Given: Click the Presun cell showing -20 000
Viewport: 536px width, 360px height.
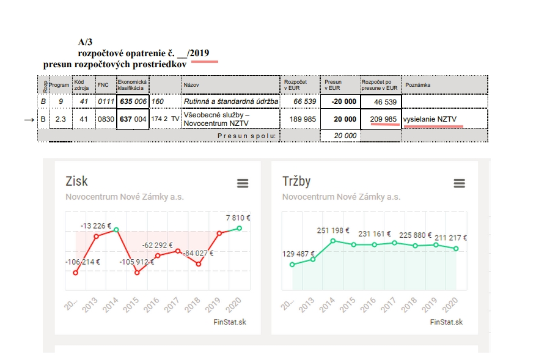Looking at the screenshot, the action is [x=340, y=101].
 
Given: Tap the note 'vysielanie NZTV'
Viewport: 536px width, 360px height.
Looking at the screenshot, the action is [x=430, y=119].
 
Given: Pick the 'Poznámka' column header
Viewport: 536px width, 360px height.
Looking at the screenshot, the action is [x=417, y=85].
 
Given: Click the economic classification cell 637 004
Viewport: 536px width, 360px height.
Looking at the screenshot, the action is [x=133, y=119].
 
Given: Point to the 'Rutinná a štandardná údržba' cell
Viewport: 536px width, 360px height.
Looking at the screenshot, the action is [x=231, y=101].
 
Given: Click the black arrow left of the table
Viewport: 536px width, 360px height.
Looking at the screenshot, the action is [x=29, y=120].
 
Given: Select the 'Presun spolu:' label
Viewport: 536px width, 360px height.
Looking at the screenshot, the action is [x=246, y=136].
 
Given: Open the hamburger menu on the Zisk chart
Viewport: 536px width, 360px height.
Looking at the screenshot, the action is [x=243, y=183].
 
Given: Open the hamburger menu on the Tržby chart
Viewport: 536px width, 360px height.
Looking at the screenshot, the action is [x=459, y=183].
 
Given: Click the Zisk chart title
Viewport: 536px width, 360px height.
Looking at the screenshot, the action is [x=76, y=181].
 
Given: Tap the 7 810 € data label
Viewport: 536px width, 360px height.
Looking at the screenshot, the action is [x=238, y=218].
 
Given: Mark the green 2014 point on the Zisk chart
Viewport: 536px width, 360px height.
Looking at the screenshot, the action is [x=116, y=230].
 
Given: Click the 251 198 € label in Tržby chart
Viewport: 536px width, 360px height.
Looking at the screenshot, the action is [x=333, y=230].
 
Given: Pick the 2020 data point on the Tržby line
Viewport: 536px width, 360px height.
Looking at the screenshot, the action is [x=456, y=249].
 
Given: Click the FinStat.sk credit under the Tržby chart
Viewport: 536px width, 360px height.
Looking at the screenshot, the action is [x=446, y=322].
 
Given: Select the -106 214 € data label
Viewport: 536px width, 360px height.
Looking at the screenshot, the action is [x=83, y=262].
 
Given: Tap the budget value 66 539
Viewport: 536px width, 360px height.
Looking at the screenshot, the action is [x=304, y=101].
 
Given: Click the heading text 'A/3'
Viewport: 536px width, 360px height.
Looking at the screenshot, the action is [x=85, y=42].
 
